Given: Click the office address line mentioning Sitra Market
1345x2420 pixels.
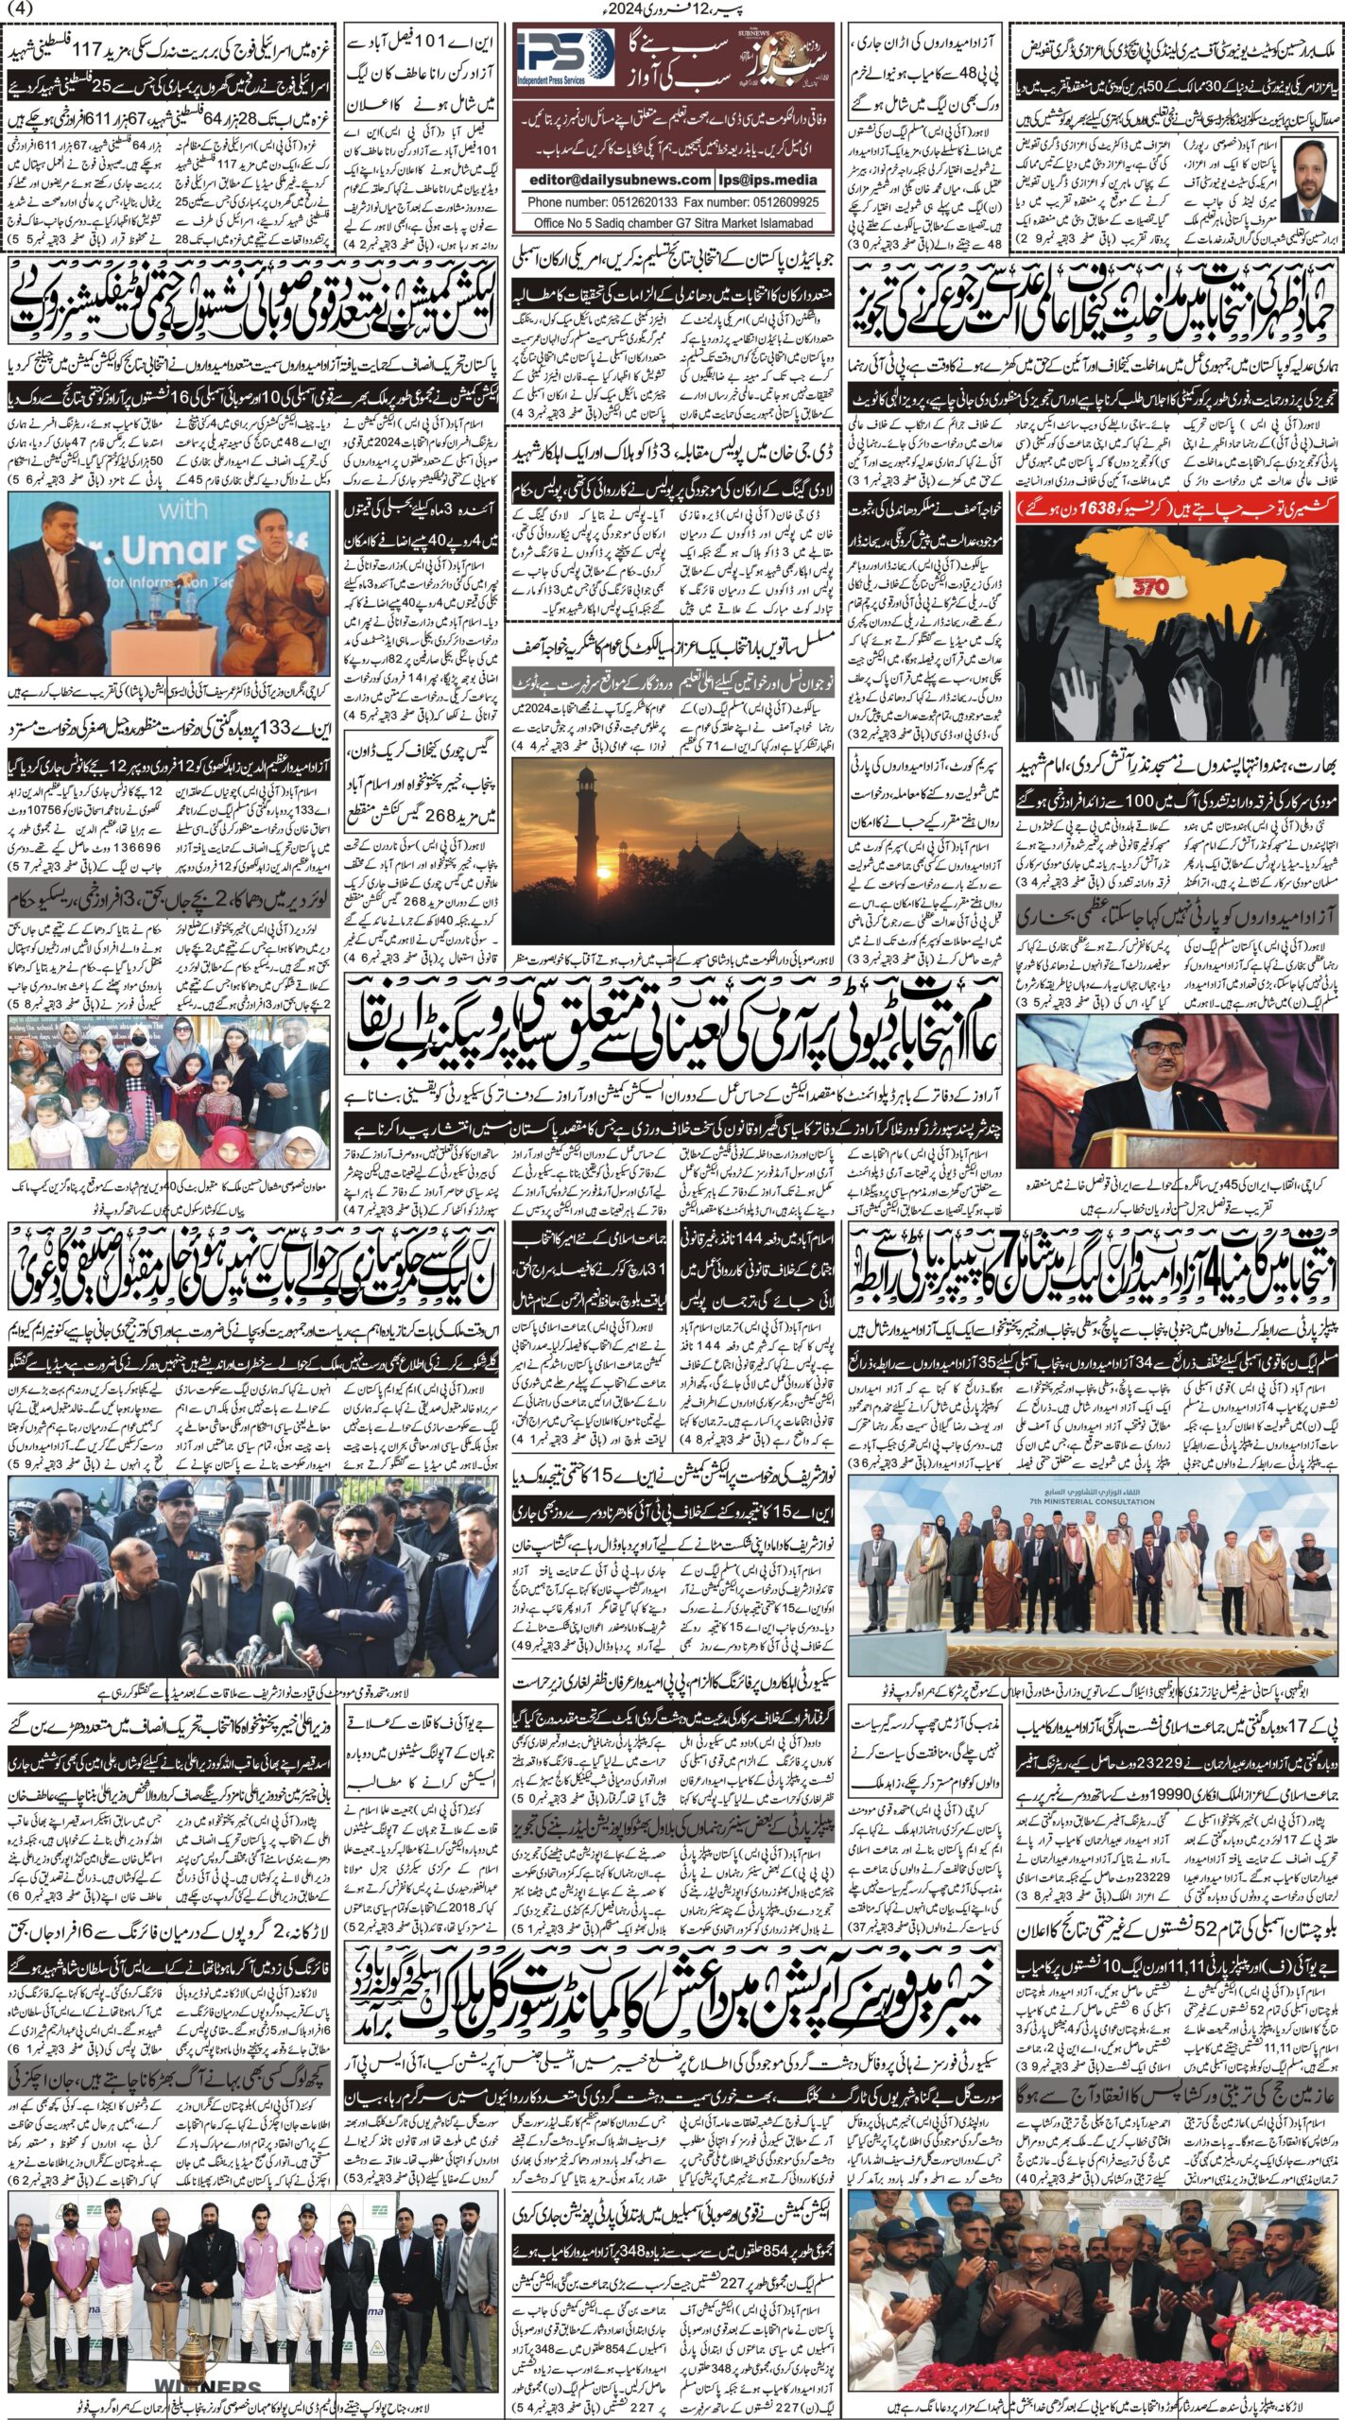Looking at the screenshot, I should tap(673, 223).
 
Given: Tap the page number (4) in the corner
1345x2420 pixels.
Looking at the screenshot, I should tap(17, 9).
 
